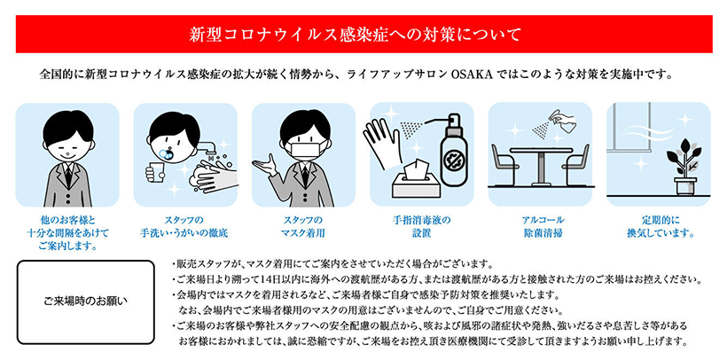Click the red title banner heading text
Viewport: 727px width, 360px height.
pos(355,35)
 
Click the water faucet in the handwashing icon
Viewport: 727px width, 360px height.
pos(211,147)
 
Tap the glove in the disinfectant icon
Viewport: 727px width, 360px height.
pos(381,143)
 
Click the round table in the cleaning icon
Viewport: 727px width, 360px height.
pos(541,166)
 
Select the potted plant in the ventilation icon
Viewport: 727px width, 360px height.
pos(684,166)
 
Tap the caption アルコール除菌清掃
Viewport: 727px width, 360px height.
pos(541,227)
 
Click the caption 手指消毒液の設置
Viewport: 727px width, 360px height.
pos(421,227)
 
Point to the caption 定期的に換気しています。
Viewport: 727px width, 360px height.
pos(660,226)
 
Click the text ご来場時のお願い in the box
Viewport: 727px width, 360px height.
pos(85,301)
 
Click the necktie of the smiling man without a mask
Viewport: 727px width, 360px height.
pos(67,176)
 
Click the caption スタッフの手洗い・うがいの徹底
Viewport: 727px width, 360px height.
pos(184,227)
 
